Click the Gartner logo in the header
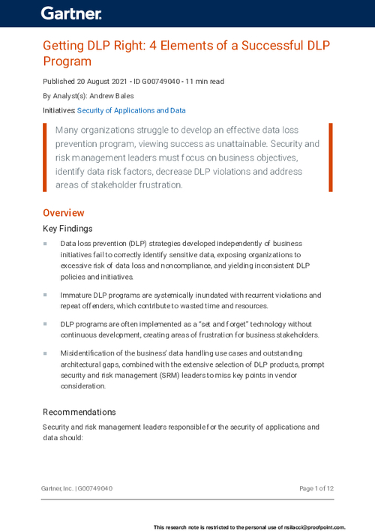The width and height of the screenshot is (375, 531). (x=71, y=13)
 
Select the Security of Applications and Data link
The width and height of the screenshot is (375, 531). (x=131, y=110)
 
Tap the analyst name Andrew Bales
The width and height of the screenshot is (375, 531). (x=116, y=96)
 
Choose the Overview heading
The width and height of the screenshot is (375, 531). (x=63, y=213)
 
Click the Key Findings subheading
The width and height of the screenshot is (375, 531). (x=67, y=229)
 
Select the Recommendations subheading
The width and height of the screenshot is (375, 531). (x=79, y=412)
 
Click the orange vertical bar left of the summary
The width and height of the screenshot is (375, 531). (x=45, y=157)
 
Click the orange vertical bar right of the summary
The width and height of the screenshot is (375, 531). (x=330, y=157)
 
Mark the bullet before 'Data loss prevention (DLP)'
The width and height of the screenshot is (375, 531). (x=45, y=244)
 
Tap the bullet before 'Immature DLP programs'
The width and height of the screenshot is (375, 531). (x=45, y=295)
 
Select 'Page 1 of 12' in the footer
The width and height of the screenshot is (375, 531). (x=316, y=488)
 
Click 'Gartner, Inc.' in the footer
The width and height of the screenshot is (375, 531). (x=57, y=488)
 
